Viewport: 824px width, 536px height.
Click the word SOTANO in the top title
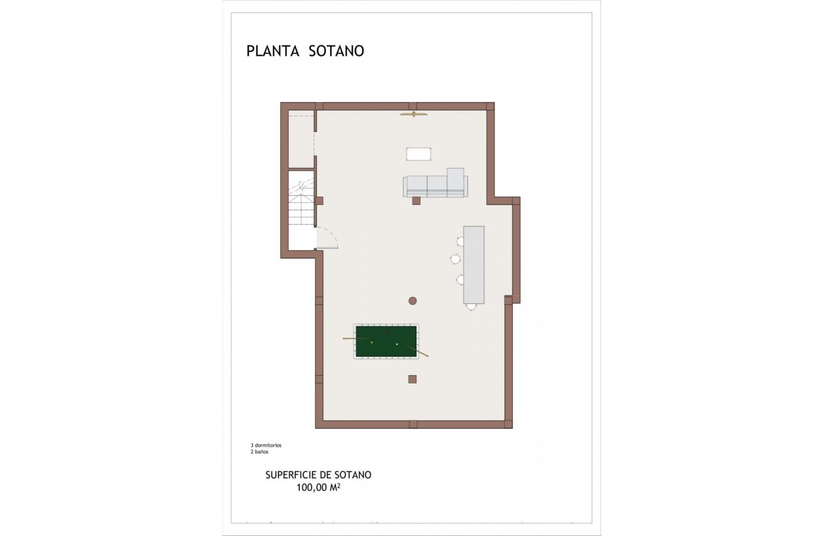coord(337,51)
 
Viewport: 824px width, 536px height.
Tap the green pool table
coord(386,341)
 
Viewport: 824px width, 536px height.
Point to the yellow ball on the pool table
coord(372,342)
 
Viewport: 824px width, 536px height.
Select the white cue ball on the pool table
coord(397,345)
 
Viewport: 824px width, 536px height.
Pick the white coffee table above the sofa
coord(419,154)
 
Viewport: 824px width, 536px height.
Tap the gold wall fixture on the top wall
coord(413,114)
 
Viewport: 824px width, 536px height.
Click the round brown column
coord(413,301)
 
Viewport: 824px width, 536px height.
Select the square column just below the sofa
coord(416,200)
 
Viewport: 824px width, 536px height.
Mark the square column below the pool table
coord(412,379)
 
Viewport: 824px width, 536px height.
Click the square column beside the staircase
coord(319,200)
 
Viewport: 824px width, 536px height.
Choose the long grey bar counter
coord(473,264)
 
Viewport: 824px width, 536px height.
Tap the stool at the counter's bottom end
coord(471,307)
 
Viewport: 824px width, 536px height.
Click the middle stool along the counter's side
coord(455,258)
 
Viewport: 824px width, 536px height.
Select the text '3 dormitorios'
coord(266,445)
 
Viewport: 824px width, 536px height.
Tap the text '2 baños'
coord(259,452)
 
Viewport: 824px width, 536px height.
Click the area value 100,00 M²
coord(318,488)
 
